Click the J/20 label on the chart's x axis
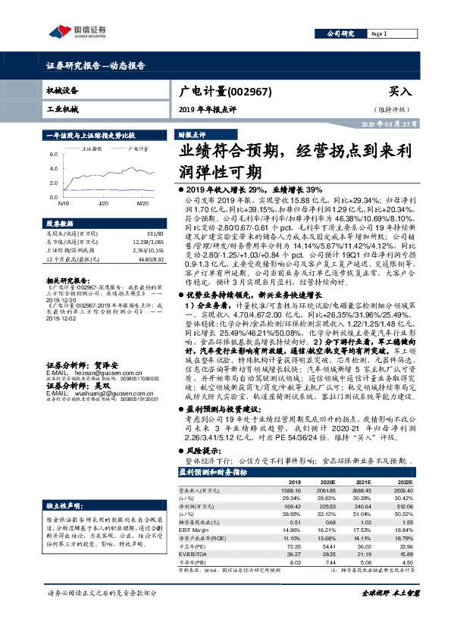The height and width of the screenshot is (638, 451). tap(103, 205)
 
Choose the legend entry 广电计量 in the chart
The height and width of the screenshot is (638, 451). tap(137, 149)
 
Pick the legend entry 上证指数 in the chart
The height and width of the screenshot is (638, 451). tap(93, 149)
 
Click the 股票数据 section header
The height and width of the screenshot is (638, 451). tap(61, 224)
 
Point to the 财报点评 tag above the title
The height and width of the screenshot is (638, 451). tap(191, 133)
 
